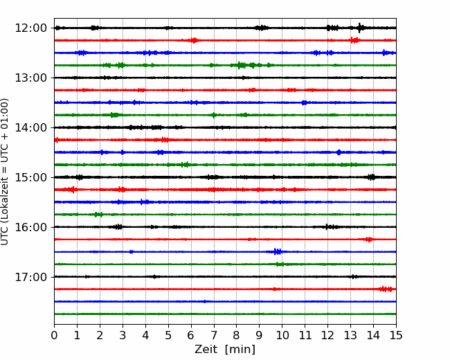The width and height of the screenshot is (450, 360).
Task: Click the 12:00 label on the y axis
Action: tap(30, 28)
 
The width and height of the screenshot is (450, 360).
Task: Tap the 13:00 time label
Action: tap(30, 78)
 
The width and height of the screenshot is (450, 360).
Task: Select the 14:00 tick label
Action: tap(30, 127)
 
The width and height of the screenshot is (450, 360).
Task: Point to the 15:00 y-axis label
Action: tap(30, 177)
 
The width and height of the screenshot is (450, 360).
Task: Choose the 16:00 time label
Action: tap(30, 227)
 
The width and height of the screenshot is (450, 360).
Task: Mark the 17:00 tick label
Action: tap(30, 277)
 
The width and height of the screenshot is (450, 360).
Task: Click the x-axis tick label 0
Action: tap(54, 335)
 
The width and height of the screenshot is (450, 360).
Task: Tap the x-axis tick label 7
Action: tap(214, 335)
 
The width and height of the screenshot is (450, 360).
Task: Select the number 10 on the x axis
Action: tap(282, 335)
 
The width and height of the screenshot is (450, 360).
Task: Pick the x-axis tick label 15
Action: tap(396, 335)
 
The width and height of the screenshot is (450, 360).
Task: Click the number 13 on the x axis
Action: tap(350, 335)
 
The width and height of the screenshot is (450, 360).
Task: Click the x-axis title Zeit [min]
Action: tap(225, 350)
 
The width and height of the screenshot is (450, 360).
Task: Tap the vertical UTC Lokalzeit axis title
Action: tap(5, 172)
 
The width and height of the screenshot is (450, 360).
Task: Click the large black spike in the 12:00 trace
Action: tap(360, 28)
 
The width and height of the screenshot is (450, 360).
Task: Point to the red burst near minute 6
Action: tap(194, 40)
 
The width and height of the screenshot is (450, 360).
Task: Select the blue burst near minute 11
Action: tap(304, 102)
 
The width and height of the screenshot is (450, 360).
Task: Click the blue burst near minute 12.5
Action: tap(339, 152)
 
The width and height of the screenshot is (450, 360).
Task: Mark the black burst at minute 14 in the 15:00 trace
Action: tap(371, 177)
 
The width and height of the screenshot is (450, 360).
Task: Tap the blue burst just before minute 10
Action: tap(278, 252)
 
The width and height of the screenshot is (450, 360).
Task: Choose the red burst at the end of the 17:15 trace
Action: tap(386, 289)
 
